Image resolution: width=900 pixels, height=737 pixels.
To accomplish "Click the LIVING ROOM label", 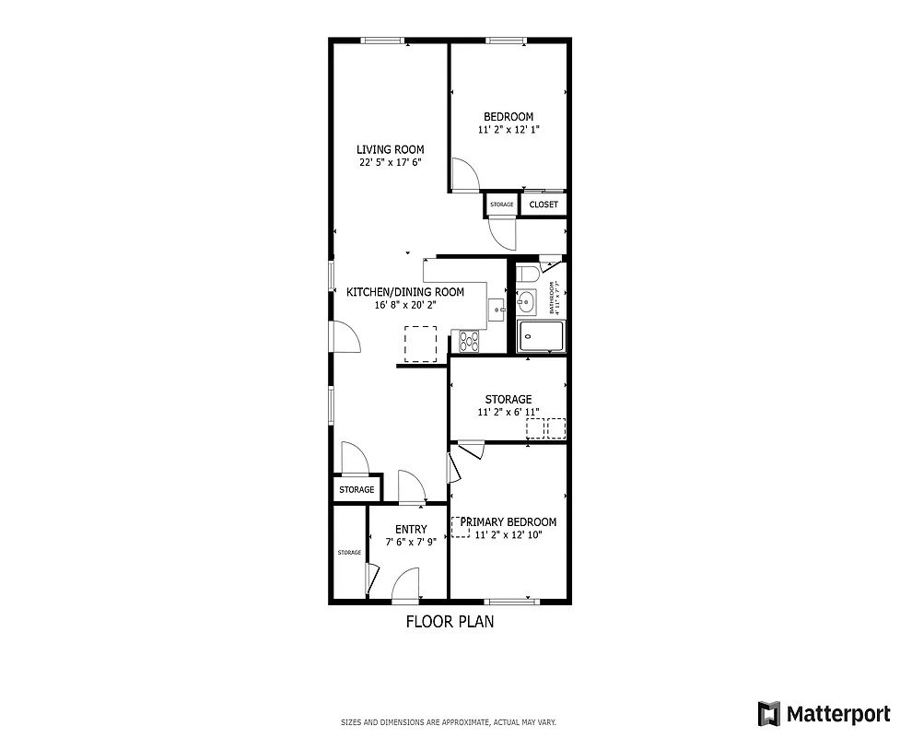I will (x=391, y=149).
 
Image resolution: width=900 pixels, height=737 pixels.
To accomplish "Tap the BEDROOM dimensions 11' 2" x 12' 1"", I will (x=508, y=130).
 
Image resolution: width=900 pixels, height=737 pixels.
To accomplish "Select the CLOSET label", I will (x=544, y=205).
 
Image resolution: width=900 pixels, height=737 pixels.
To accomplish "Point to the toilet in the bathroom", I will (x=527, y=275).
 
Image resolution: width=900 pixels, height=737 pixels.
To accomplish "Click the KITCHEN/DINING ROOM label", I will (x=404, y=292).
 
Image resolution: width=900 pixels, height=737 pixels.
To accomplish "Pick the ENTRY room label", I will (x=411, y=529).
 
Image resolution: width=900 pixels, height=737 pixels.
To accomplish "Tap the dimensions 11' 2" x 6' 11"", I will (x=508, y=413).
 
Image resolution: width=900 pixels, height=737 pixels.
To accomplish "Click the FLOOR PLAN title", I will (x=450, y=622).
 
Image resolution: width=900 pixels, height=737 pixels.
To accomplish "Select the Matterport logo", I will (x=824, y=713).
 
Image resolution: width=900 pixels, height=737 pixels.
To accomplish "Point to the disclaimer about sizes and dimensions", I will (x=449, y=722).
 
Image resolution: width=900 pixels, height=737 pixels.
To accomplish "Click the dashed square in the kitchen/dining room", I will (x=421, y=343).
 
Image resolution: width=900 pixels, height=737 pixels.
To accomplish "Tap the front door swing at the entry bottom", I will (x=405, y=584).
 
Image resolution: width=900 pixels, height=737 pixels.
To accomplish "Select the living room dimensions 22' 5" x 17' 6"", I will (x=391, y=162).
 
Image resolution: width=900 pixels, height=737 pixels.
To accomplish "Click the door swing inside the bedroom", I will (x=463, y=173).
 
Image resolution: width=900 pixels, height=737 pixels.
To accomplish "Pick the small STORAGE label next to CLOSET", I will (x=502, y=205).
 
